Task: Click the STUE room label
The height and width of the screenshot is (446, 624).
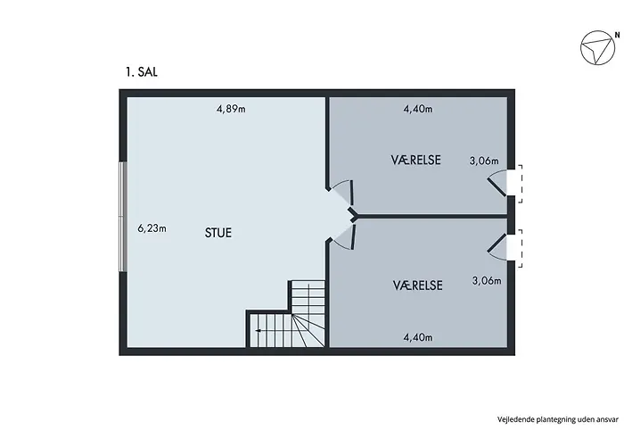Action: point(218,234)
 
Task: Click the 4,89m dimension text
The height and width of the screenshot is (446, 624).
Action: point(231,110)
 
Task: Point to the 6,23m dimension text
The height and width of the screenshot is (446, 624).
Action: point(152,227)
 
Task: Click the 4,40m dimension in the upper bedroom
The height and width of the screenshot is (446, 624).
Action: point(417,110)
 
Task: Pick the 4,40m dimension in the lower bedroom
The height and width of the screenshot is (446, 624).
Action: point(417,336)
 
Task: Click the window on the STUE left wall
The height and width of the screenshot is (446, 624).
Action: point(123,217)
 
